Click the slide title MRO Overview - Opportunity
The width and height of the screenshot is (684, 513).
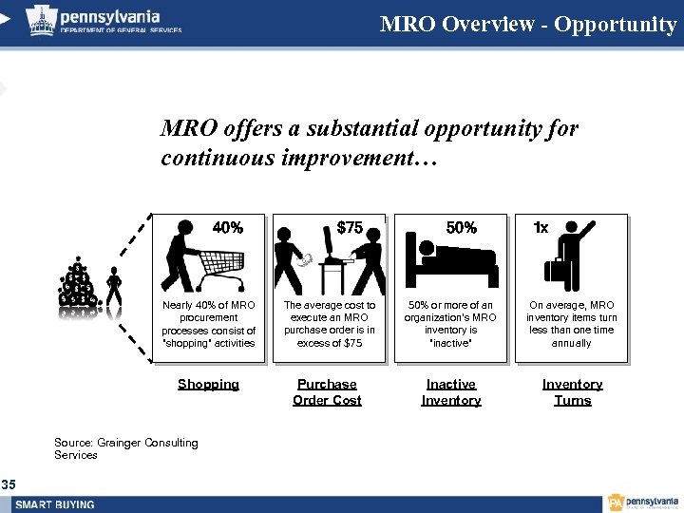[x=527, y=24]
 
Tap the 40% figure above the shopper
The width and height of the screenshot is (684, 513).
[x=227, y=228]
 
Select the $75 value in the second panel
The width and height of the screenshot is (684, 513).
[x=350, y=228]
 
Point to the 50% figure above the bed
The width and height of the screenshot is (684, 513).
[x=462, y=228]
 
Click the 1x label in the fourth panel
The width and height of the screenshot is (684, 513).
[x=541, y=228]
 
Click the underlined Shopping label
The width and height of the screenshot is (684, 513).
[x=208, y=385]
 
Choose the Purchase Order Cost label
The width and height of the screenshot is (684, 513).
[x=327, y=392]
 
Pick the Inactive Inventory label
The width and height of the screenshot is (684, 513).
[x=451, y=392]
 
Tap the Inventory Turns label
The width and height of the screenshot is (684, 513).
[x=572, y=392]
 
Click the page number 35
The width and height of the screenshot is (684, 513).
[x=9, y=484]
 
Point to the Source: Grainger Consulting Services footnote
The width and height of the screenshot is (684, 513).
[x=126, y=448]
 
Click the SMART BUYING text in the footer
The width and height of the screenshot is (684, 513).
[x=55, y=503]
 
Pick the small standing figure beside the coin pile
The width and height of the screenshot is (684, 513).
[x=114, y=291]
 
